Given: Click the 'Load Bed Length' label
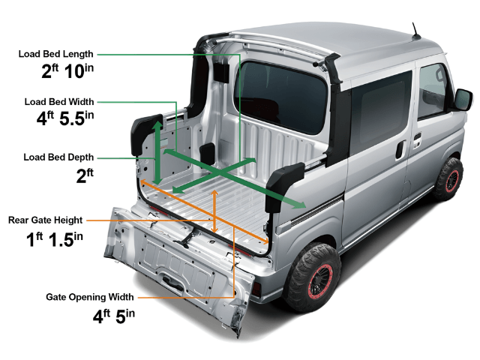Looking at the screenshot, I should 57,54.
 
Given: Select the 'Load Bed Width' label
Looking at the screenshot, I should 58,101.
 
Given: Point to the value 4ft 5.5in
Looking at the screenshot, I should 64,118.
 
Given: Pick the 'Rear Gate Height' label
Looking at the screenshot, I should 45,220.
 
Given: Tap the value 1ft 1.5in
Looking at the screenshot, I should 55,238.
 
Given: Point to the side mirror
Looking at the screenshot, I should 463,99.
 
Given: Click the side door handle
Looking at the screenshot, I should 400,148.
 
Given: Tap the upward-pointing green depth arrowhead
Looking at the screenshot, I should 157,124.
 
